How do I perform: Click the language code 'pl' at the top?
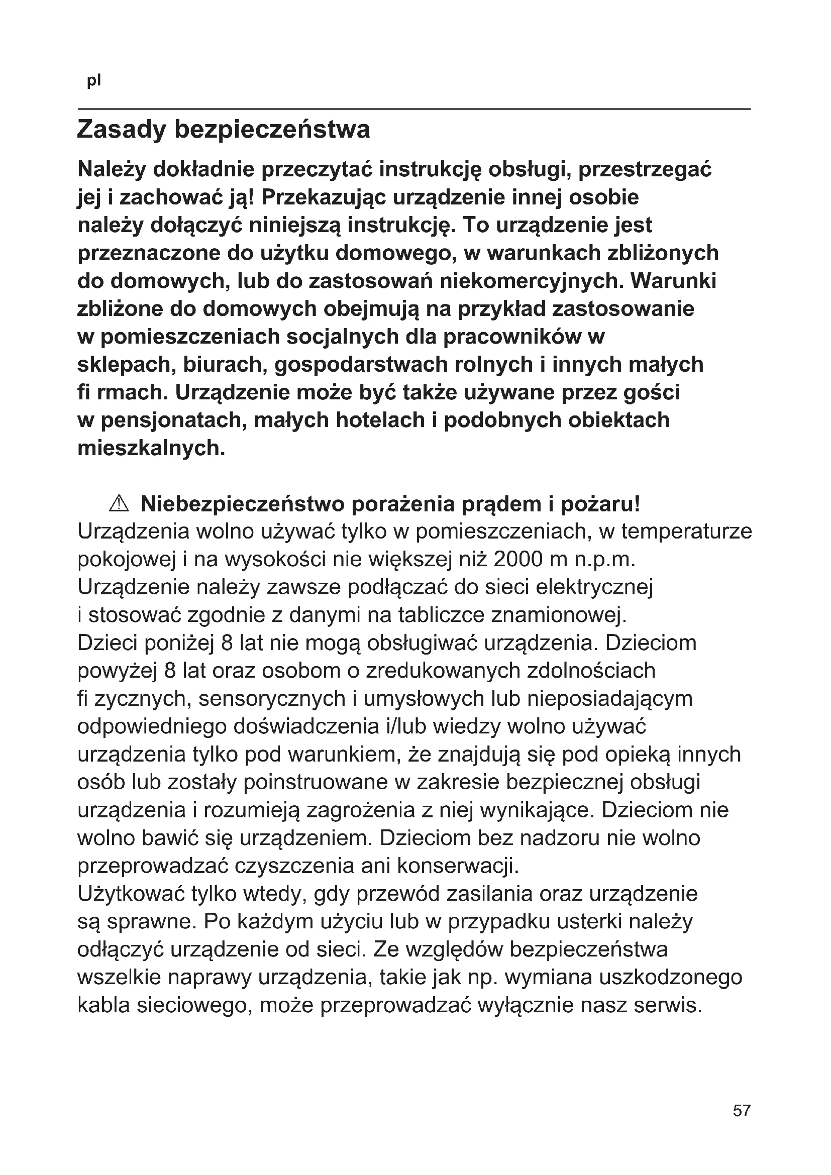94,81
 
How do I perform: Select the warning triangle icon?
119,504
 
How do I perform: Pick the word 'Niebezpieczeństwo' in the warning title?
243,504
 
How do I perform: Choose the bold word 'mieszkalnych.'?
151,449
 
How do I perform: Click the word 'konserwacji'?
458,866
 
